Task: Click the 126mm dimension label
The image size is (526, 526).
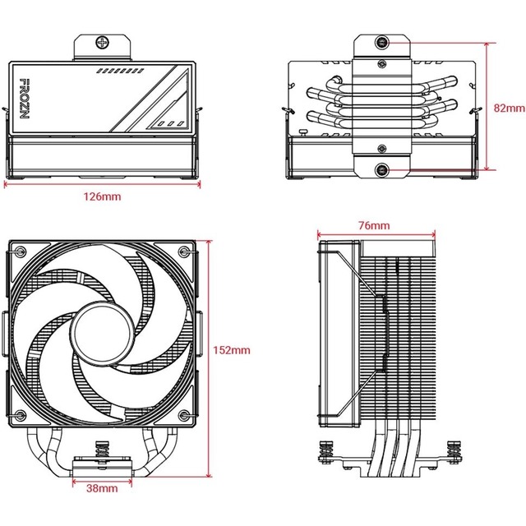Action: tap(104, 198)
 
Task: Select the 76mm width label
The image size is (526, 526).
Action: tap(375, 225)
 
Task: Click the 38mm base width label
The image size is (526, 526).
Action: tap(103, 511)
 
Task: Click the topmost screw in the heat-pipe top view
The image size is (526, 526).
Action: tap(383, 42)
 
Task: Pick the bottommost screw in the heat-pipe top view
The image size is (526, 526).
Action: tap(383, 170)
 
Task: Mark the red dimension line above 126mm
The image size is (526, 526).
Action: tap(104, 185)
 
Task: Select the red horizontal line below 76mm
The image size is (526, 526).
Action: tap(375, 234)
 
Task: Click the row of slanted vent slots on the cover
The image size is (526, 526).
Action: tap(125, 72)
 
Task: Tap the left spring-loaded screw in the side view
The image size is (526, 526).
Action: tap(323, 450)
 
